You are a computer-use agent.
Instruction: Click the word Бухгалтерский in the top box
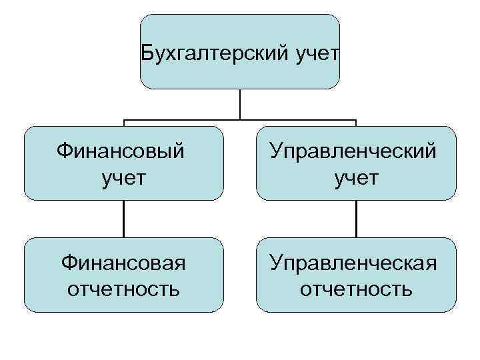[215, 52]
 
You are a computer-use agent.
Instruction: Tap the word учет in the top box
[315, 52]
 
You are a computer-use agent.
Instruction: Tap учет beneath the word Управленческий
[357, 178]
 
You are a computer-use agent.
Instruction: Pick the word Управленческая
[357, 262]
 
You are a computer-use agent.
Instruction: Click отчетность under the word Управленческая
[357, 290]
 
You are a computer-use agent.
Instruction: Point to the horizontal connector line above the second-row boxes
[187, 121]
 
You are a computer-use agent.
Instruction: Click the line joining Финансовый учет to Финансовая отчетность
[123, 219]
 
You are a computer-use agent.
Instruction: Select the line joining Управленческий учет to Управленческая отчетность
[357, 219]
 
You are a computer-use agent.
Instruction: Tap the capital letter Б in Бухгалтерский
[148, 52]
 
